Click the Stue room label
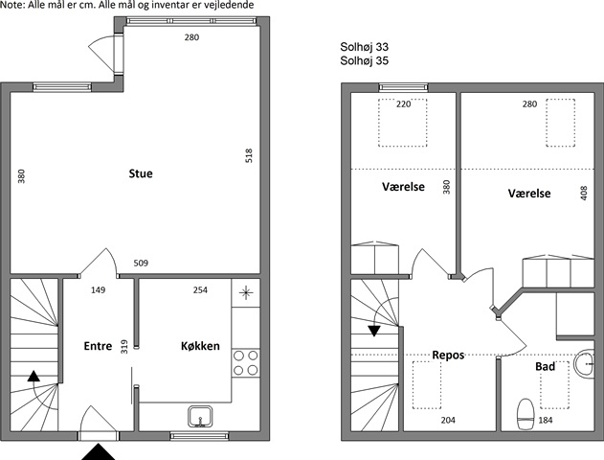tap(141, 173)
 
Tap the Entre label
tap(98, 346)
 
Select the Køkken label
tap(200, 346)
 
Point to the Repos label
tap(448, 355)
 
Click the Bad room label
tap(545, 366)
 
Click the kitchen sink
tap(200, 417)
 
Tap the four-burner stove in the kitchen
tap(246, 363)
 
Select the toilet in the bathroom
tap(526, 414)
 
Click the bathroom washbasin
tap(584, 363)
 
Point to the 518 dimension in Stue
tap(249, 155)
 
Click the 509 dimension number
tap(141, 263)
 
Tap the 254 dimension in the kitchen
tap(200, 289)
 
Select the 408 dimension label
tap(584, 194)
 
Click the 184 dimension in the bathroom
tap(546, 420)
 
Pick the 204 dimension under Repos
tap(448, 420)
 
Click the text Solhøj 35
tap(364, 61)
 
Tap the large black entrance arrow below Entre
tap(99, 452)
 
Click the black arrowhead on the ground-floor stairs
tap(34, 376)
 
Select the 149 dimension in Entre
tap(98, 289)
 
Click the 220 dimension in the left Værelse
tap(403, 104)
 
